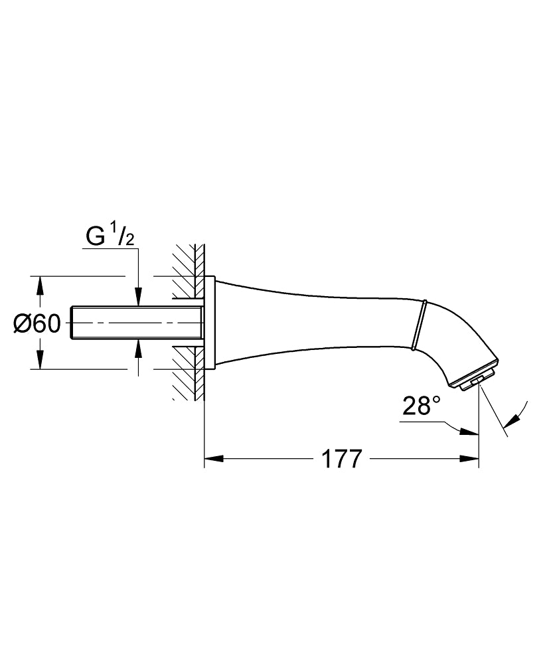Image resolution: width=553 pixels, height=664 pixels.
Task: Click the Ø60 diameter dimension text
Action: [37, 323]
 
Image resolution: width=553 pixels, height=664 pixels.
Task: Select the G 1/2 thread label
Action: [110, 236]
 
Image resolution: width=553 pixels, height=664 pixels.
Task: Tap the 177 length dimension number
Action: [343, 459]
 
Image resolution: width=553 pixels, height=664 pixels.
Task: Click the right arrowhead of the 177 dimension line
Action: [469, 458]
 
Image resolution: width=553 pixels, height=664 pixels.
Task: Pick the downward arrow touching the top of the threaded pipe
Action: [138, 299]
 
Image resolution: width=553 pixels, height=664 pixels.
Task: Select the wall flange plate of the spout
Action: [209, 323]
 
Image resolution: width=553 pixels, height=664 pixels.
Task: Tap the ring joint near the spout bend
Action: [418, 324]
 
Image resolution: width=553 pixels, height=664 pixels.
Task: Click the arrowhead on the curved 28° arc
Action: [511, 420]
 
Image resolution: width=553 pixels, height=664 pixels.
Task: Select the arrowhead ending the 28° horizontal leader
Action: [470, 433]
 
